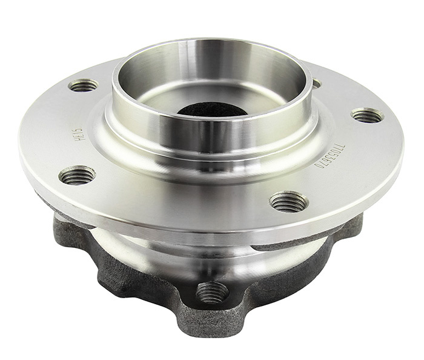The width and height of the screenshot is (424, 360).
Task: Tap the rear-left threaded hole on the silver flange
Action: (84, 85)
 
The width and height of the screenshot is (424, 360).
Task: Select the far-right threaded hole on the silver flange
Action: (367, 115)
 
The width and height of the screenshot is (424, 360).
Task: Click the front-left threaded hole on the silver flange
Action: (78, 176)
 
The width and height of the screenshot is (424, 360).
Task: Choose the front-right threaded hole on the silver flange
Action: (288, 201)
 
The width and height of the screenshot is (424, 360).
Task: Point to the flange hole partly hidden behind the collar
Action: (316, 83)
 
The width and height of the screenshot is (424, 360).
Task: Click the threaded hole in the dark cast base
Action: (213, 293)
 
